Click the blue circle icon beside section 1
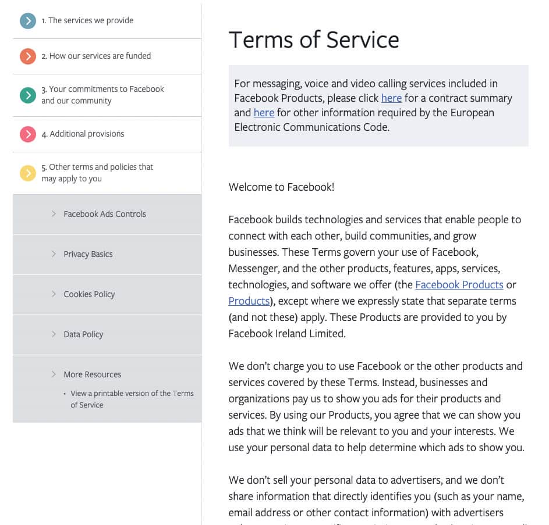click(27, 21)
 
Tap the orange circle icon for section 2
click(27, 56)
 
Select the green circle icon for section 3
click(27, 95)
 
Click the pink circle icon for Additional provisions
click(27, 134)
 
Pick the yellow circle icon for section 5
click(27, 173)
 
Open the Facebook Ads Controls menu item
click(105, 214)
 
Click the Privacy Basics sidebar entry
click(88, 254)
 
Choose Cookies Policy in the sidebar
click(89, 294)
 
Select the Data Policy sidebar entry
click(83, 334)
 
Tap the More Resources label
click(93, 374)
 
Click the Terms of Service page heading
click(314, 40)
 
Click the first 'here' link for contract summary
click(391, 98)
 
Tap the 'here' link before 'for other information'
click(264, 113)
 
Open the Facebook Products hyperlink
click(459, 285)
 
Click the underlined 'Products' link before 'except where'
click(249, 301)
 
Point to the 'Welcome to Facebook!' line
click(281, 187)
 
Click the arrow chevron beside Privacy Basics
click(54, 254)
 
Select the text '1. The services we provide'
click(87, 21)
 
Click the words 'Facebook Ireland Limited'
click(286, 334)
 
